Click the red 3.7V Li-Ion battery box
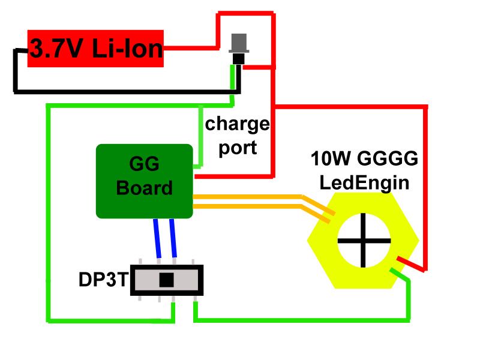[x=96, y=48]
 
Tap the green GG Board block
[x=144, y=180]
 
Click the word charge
[x=237, y=125]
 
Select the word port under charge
[x=238, y=147]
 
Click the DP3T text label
[x=103, y=280]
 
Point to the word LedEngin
[x=365, y=182]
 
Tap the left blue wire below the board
[x=158, y=238]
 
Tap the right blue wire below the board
[x=173, y=238]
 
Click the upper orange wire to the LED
[x=252, y=196]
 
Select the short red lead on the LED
[x=409, y=264]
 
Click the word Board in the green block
[x=144, y=188]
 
